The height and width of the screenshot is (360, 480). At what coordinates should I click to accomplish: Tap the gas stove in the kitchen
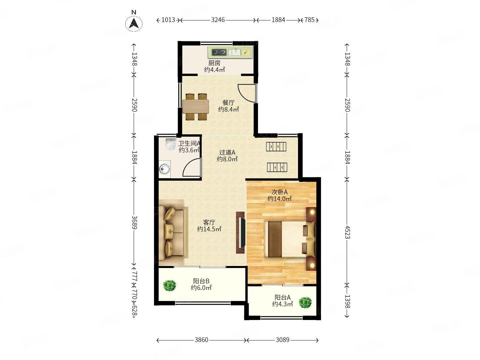[x=219, y=52]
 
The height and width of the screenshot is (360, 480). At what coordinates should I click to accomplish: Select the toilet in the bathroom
[x=171, y=144]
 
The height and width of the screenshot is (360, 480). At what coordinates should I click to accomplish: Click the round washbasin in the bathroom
[x=164, y=169]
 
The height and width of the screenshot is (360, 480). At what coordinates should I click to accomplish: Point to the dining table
[x=196, y=106]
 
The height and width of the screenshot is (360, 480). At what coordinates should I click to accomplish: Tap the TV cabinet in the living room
[x=240, y=232]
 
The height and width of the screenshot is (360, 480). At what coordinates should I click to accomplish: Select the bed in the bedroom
[x=290, y=239]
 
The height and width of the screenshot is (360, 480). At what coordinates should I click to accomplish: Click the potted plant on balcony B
[x=169, y=285]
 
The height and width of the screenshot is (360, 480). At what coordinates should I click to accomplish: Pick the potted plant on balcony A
[x=305, y=303]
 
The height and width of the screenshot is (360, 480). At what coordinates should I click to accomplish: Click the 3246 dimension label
[x=218, y=20]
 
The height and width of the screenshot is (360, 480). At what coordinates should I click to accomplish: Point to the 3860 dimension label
[x=201, y=340]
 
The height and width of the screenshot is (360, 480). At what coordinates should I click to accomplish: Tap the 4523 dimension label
[x=347, y=232]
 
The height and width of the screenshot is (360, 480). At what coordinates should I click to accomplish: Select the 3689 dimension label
[x=134, y=223]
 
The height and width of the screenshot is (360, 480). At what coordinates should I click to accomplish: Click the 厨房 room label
[x=214, y=63]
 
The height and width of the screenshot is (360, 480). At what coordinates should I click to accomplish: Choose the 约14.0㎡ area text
[x=279, y=199]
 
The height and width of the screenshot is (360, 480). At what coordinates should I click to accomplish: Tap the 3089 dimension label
[x=283, y=340]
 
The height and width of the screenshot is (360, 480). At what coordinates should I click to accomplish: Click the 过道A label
[x=227, y=152]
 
